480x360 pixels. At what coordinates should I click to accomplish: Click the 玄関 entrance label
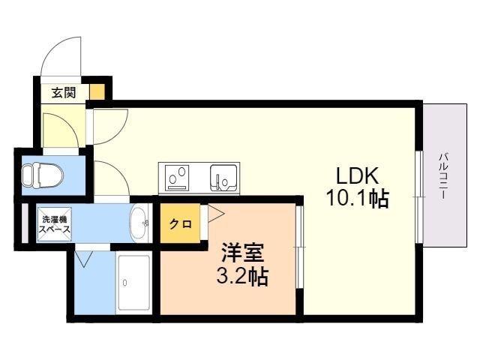[x=63, y=92]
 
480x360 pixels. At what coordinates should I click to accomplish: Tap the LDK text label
[x=358, y=175]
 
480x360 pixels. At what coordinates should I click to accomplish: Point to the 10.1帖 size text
[x=358, y=198]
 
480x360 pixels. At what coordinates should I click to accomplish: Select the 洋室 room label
[x=243, y=253]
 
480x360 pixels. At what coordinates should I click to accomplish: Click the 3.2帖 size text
[x=242, y=276]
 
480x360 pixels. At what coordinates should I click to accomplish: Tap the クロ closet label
[x=181, y=224]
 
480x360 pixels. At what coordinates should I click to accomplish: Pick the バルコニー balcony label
[x=442, y=176]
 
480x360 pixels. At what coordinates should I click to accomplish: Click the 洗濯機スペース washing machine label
[x=55, y=224]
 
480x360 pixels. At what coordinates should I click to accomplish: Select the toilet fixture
[x=42, y=175]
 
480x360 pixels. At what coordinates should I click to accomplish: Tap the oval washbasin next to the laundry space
[x=139, y=223]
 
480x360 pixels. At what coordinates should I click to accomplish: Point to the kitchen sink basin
[x=223, y=178]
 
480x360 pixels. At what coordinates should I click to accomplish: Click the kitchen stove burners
[x=177, y=178]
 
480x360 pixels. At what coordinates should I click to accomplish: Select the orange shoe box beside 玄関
[x=97, y=91]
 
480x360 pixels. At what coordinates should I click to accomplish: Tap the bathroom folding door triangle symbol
[x=83, y=259]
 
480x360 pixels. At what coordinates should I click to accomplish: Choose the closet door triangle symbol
[x=216, y=213]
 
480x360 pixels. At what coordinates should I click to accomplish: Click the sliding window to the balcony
[x=419, y=196]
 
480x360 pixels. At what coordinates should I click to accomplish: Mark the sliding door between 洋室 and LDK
[x=300, y=247]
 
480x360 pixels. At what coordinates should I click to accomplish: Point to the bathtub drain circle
[x=125, y=283]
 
